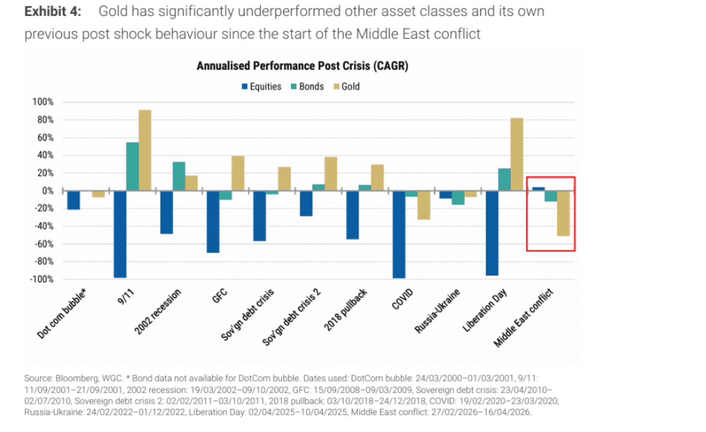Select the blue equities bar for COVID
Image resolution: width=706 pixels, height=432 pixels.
tap(399, 234)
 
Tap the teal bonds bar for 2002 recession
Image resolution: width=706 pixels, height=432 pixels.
tap(179, 176)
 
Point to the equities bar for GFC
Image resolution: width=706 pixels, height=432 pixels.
tap(213, 222)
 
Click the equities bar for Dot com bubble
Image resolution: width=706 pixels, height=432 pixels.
tap(74, 200)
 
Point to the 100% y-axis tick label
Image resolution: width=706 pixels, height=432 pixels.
tap(43, 102)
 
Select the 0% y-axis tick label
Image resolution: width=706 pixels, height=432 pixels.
tap(47, 191)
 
